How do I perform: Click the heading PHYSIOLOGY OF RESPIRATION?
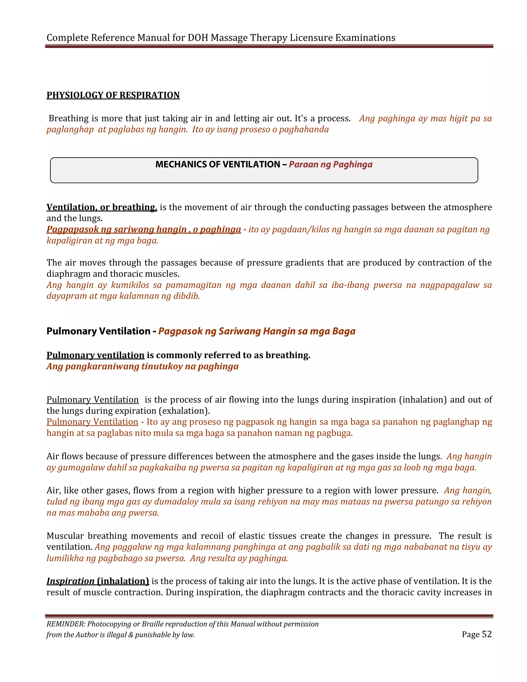pyautogui.click(x=113, y=95)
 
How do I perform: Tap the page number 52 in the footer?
pyautogui.click(x=486, y=634)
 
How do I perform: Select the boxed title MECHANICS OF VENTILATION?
pyautogui.click(x=218, y=164)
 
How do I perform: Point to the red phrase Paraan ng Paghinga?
pyautogui.click(x=330, y=164)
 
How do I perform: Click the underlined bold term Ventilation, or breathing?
pyautogui.click(x=102, y=207)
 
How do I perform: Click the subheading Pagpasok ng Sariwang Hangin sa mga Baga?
pyautogui.click(x=257, y=331)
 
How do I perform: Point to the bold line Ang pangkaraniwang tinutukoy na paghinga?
pyautogui.click(x=142, y=366)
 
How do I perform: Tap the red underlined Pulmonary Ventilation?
pyautogui.click(x=92, y=422)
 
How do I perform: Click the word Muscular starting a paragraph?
pyautogui.click(x=65, y=536)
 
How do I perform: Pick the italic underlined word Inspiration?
pyautogui.click(x=71, y=581)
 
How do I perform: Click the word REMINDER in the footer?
pyautogui.click(x=66, y=624)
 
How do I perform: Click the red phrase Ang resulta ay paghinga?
pyautogui.click(x=239, y=558)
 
